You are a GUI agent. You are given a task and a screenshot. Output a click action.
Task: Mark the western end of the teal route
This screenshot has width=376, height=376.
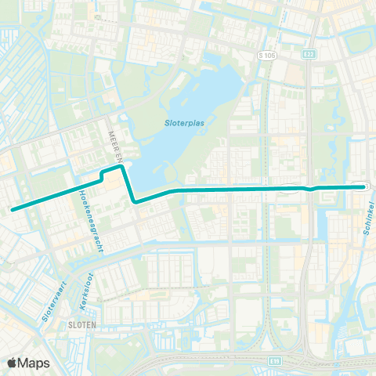(12, 209)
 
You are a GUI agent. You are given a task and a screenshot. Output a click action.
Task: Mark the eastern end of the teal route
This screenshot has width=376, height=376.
(364, 186)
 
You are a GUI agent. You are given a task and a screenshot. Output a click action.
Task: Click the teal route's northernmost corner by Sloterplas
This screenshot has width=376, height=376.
(121, 166)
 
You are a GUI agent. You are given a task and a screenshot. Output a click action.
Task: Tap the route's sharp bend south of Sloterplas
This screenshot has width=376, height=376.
(136, 202)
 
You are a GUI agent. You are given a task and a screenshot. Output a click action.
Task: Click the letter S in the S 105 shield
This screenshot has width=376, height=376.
(262, 56)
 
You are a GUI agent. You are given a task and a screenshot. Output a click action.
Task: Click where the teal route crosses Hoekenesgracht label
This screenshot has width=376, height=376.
(81, 188)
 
